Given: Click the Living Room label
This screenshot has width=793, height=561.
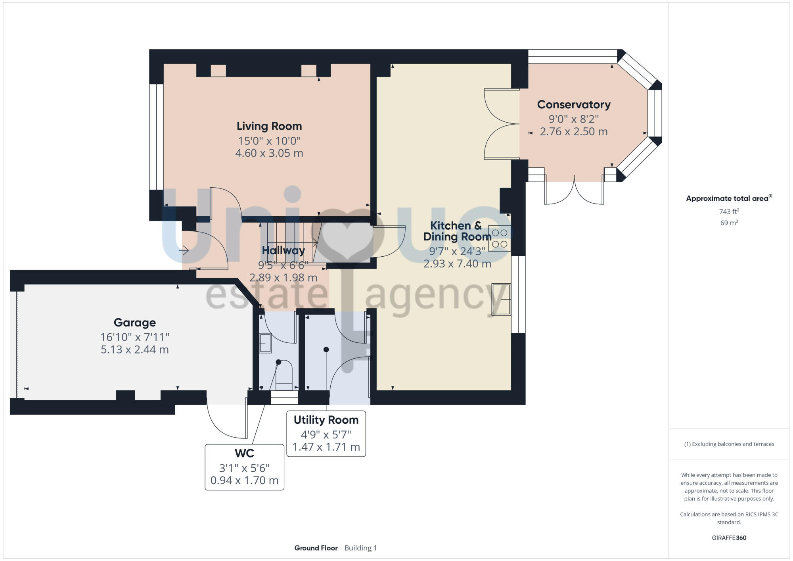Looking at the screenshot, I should click(x=269, y=126).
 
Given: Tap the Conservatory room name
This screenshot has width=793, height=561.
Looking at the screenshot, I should click(x=574, y=104).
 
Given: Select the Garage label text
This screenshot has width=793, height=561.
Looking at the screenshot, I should click(x=135, y=323).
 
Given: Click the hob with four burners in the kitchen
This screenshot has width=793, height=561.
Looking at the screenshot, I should click(x=500, y=238).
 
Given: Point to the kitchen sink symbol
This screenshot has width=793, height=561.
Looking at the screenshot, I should click(x=501, y=299).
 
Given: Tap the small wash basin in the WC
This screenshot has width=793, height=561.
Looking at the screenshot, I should click(x=265, y=343).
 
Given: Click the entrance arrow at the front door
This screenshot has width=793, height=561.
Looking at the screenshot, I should click(x=184, y=250).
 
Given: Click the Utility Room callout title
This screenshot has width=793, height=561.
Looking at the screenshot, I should click(x=326, y=420).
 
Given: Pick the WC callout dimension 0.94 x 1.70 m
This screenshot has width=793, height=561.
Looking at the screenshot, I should click(x=244, y=480).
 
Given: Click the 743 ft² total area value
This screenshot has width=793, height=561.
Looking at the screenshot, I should click(x=729, y=211).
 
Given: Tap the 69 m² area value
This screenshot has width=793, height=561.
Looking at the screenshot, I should click(x=729, y=223).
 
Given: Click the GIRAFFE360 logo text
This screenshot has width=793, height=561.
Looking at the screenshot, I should click(x=729, y=538).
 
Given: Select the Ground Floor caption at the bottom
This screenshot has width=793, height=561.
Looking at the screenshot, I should click(x=316, y=548).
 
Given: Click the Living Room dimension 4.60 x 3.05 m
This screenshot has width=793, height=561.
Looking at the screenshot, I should click(x=269, y=153).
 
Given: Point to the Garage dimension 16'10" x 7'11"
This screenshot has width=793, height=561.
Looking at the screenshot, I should click(x=135, y=337).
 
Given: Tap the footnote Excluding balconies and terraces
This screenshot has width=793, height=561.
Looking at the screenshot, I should click(x=729, y=444).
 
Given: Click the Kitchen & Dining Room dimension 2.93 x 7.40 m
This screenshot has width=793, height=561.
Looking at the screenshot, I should click(x=457, y=264).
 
